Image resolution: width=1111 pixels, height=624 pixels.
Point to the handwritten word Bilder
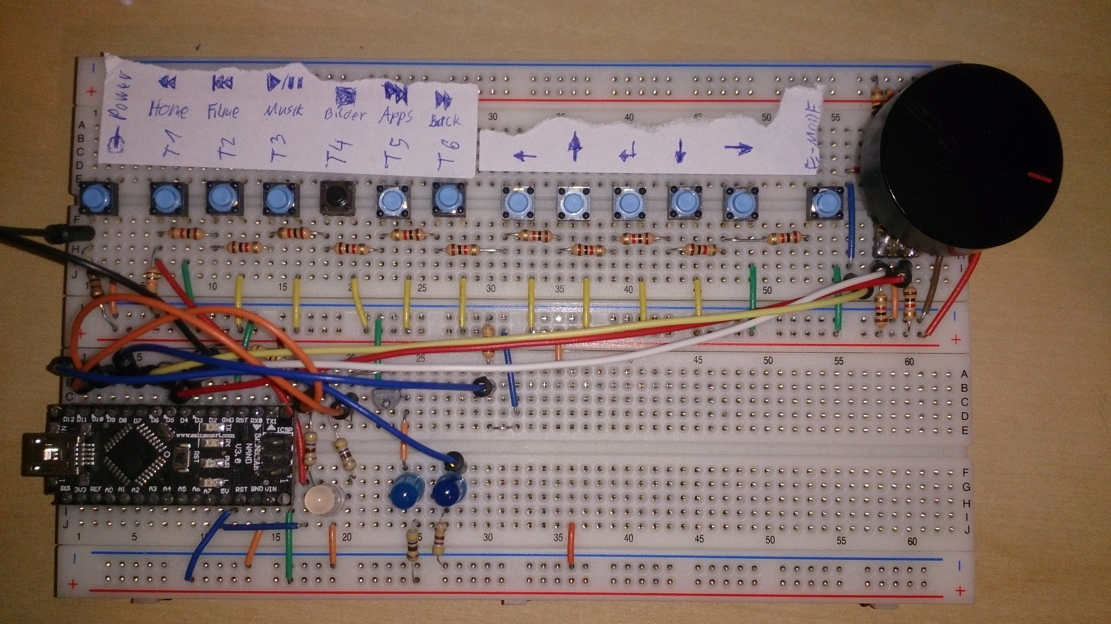point(345,114)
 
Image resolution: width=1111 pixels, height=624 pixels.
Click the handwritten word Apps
point(396,116)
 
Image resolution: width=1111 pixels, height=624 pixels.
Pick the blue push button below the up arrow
point(574,203)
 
